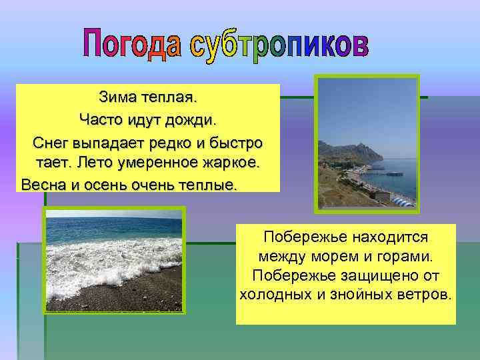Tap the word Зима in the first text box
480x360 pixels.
(x=116, y=99)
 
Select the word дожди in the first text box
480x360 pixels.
(x=194, y=121)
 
